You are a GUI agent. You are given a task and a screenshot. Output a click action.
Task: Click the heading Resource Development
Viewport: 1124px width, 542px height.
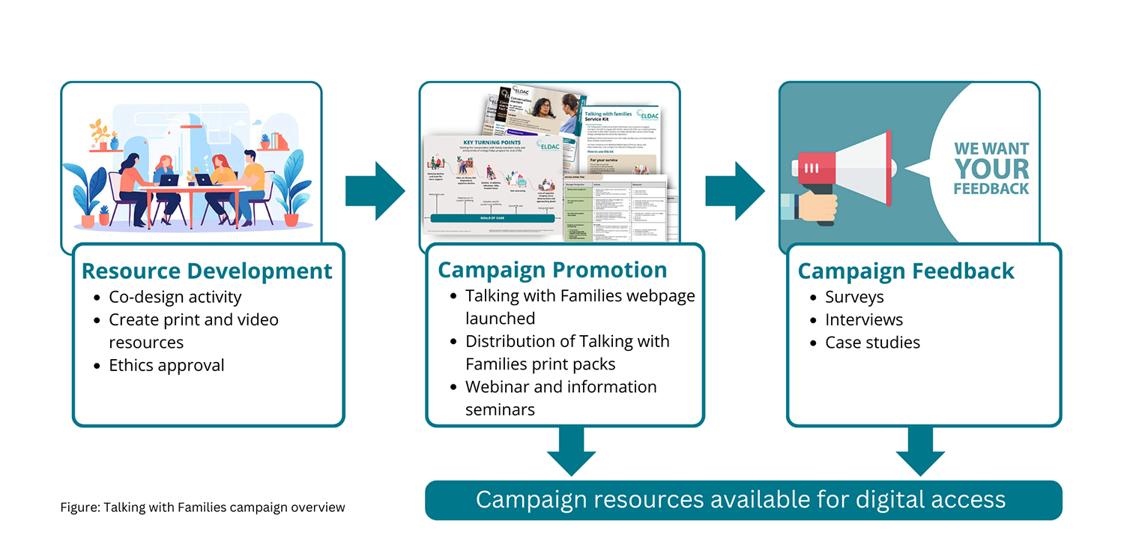point(207,271)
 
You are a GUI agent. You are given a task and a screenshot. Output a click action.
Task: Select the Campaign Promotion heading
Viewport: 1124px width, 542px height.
point(552,270)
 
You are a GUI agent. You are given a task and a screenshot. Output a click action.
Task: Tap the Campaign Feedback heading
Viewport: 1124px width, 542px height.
point(906,271)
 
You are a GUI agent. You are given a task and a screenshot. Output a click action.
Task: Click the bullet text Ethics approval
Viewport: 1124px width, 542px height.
point(166,365)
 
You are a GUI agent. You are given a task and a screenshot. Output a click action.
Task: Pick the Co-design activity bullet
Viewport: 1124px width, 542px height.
point(175,297)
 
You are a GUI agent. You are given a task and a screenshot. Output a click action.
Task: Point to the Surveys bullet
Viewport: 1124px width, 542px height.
point(854,297)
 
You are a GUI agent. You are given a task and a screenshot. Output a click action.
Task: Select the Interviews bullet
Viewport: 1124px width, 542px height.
point(864,319)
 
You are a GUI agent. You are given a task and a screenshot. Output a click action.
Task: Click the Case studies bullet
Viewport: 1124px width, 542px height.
point(872,343)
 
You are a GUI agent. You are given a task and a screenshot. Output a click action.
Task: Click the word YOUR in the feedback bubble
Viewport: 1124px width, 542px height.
point(991,168)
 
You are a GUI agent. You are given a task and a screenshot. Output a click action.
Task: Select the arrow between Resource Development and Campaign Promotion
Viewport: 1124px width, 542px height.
point(374,190)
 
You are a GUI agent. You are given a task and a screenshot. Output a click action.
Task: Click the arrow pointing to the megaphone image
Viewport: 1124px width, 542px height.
point(734,190)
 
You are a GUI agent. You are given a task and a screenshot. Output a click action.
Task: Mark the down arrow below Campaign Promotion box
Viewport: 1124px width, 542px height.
point(571,450)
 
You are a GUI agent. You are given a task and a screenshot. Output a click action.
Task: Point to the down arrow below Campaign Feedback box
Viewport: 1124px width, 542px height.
point(920,450)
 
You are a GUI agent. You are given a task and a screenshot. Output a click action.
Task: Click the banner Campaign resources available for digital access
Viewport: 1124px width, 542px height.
point(743,500)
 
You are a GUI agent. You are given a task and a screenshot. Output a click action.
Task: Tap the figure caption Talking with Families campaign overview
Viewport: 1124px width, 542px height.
point(202,508)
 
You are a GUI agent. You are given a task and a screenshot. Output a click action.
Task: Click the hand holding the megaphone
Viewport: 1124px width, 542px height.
point(813,206)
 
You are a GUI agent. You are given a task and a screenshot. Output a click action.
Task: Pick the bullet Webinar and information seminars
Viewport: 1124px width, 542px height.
point(561,398)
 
